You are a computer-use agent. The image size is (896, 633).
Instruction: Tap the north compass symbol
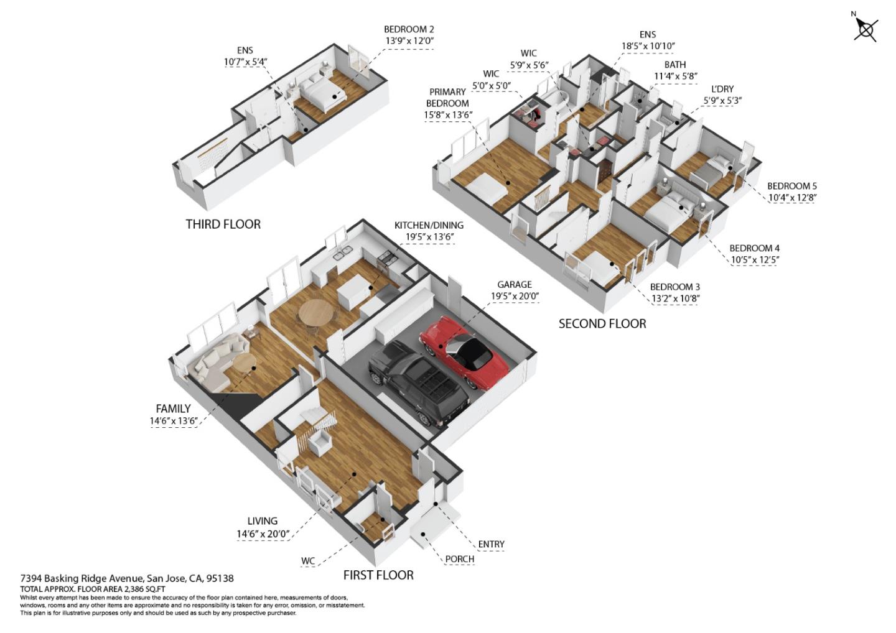(x=866, y=29)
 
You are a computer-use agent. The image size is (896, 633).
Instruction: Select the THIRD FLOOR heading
(x=223, y=224)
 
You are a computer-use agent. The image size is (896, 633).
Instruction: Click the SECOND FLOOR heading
(x=602, y=323)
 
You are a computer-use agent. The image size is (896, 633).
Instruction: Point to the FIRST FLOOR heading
(x=378, y=575)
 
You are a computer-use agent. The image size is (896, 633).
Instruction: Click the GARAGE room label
(x=514, y=285)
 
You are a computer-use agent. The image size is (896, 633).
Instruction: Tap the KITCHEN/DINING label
(x=429, y=225)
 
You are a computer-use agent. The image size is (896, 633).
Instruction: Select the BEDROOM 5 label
(x=791, y=186)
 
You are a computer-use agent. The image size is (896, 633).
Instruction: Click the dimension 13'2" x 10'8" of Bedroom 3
(x=674, y=298)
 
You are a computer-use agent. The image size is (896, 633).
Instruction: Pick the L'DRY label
(x=722, y=89)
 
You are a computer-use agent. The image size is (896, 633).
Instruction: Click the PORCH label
(x=459, y=559)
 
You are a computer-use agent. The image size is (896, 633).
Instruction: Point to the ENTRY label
(x=491, y=544)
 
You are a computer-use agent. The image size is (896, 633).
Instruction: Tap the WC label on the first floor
(x=308, y=561)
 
